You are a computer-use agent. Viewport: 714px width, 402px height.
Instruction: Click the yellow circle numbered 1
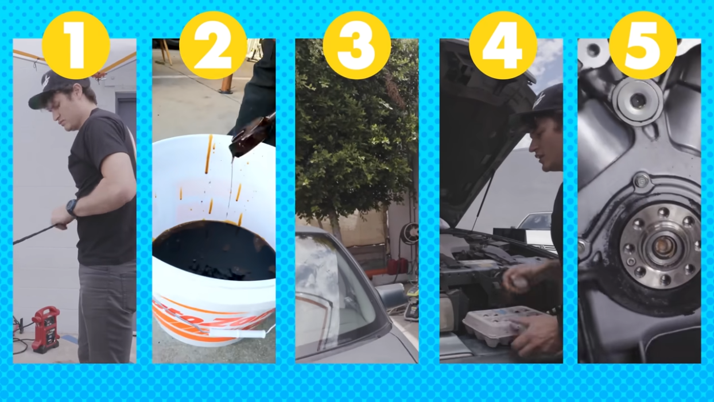[75, 45]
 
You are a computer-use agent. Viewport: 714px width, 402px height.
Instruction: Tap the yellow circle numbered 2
[213, 45]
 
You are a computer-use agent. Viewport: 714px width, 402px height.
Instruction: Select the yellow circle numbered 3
[356, 45]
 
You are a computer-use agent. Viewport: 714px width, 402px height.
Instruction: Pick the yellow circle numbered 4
[503, 45]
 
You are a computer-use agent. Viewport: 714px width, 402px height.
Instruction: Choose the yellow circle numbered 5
[643, 45]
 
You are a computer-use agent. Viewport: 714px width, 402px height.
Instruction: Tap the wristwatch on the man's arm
[72, 207]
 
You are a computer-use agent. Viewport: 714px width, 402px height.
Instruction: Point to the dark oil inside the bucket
[212, 250]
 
